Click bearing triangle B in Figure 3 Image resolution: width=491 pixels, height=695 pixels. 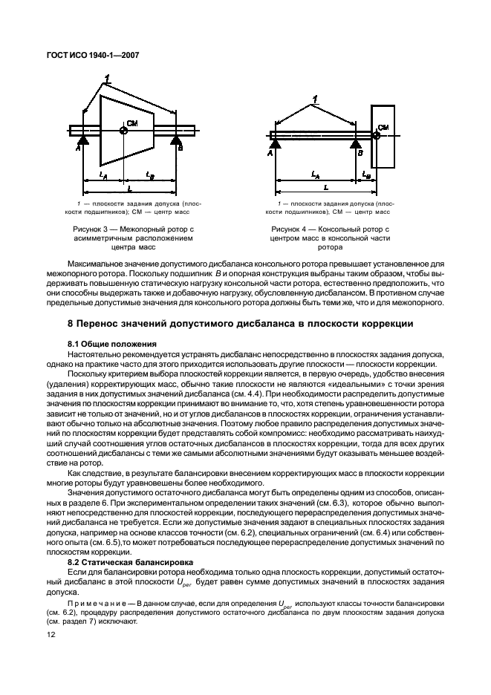pos(176,140)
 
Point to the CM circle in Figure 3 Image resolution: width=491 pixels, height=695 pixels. pos(124,130)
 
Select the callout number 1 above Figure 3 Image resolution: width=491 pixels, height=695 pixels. pos(108,78)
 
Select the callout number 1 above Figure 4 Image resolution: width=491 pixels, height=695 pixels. pos(315,99)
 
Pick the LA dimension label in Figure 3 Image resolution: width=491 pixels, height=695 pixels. pos(102,175)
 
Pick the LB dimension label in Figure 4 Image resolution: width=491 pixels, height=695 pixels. pos(365,175)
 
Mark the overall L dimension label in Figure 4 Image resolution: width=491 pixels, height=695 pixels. pos(325,189)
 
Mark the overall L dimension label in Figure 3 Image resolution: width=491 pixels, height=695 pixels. pos(131,189)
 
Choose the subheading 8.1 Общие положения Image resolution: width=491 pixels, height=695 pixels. pos(111,344)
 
